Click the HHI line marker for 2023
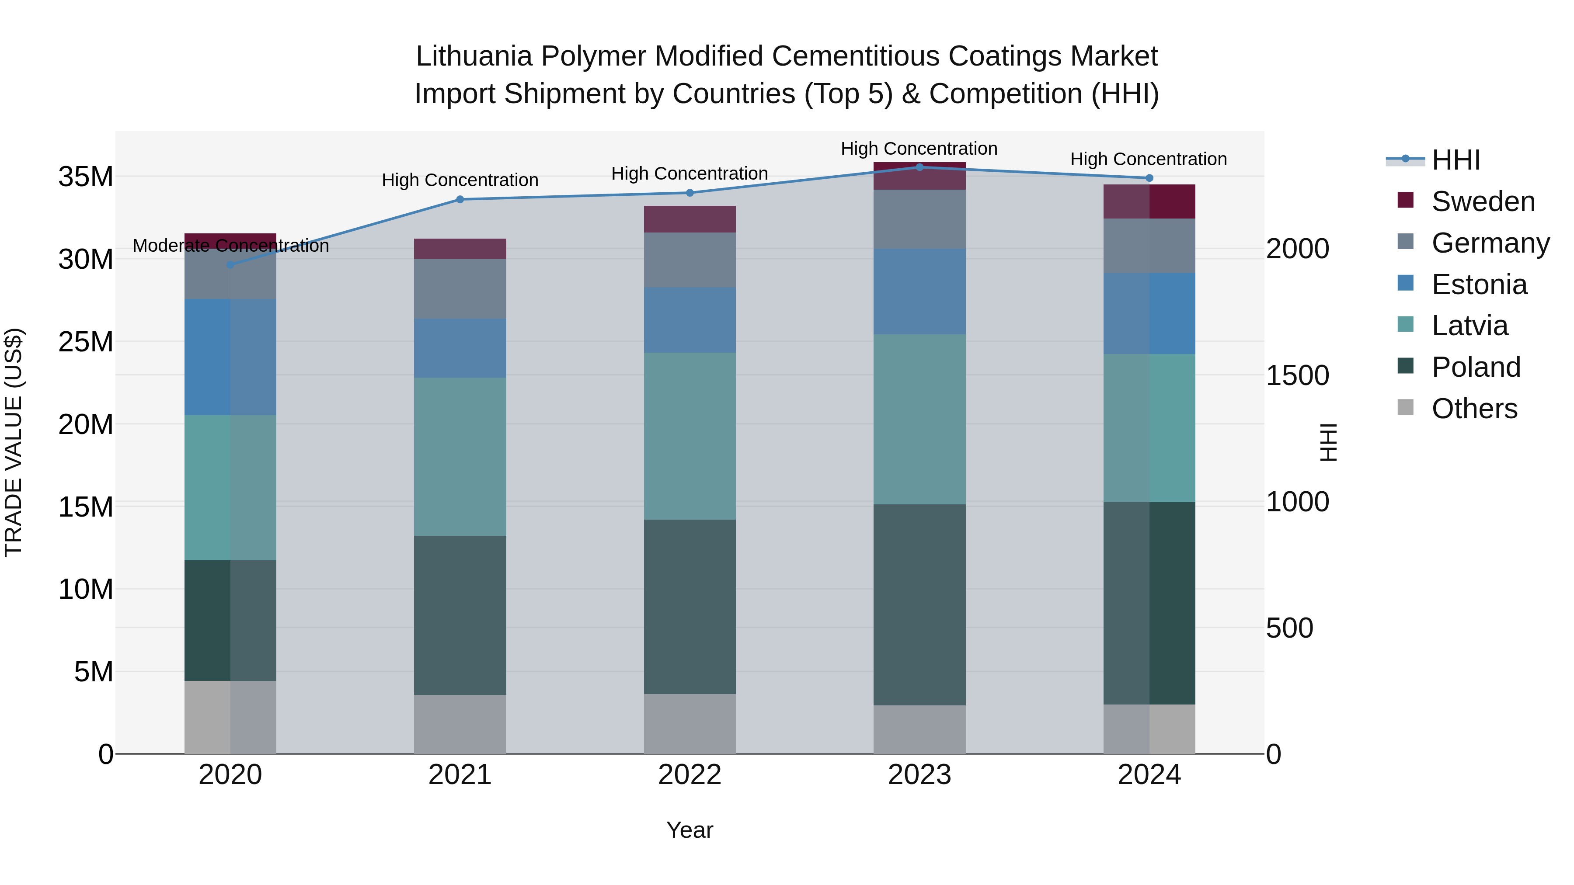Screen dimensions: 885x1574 point(919,167)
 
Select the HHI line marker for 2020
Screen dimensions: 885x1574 point(230,264)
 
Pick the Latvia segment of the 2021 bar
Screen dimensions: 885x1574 point(460,456)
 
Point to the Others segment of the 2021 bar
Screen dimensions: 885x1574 point(460,724)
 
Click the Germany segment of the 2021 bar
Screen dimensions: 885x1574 point(460,288)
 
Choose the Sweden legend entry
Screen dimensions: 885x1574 point(1482,201)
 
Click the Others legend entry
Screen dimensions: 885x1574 point(1474,409)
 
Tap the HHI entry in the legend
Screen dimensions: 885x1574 point(1456,160)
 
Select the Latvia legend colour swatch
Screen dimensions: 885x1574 point(1405,324)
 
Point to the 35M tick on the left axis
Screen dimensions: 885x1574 point(86,177)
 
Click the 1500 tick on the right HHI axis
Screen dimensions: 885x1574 point(1297,375)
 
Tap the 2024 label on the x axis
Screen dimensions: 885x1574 point(1149,775)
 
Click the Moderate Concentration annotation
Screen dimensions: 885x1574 point(230,246)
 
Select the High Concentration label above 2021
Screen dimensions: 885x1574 point(460,180)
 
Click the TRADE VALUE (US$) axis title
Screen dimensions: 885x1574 point(14,442)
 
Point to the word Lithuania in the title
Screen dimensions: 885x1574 point(474,56)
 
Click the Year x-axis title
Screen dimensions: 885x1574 point(689,830)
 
